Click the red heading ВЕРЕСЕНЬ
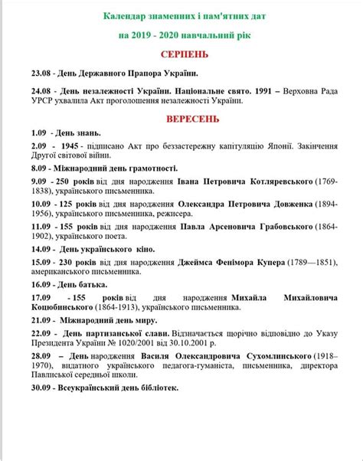click(x=193, y=119)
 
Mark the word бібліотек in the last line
click(x=156, y=388)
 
